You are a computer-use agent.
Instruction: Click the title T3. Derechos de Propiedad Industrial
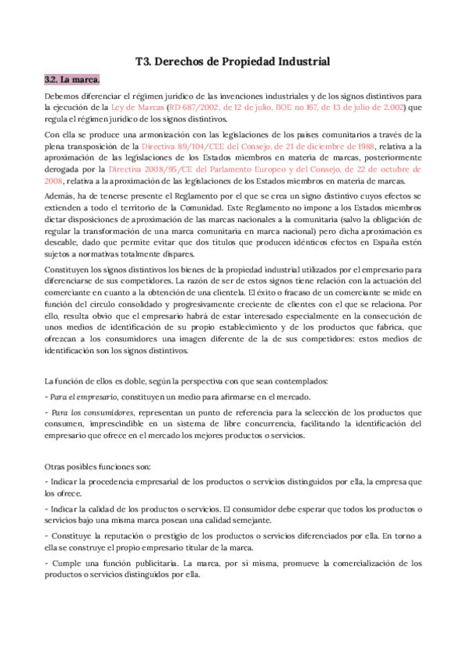pyautogui.click(x=233, y=61)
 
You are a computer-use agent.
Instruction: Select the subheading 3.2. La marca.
pyautogui.click(x=72, y=80)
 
